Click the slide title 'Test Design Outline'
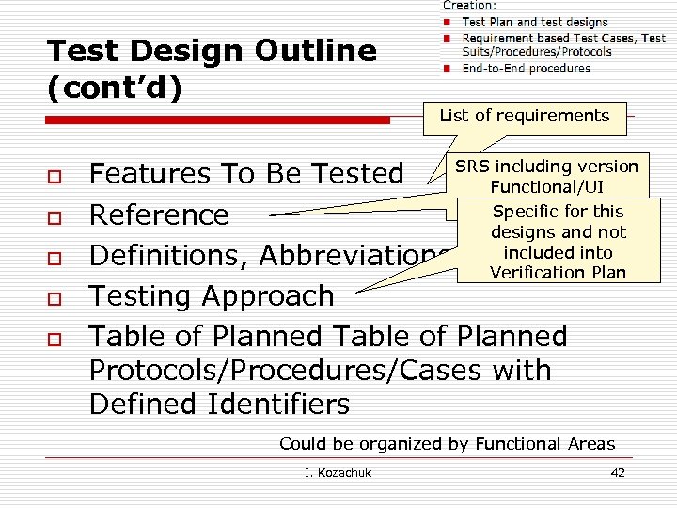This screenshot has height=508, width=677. click(211, 51)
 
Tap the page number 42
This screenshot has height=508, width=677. click(617, 472)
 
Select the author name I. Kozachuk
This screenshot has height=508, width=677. click(338, 472)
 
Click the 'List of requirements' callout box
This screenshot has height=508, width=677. click(525, 116)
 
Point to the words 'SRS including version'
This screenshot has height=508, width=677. click(546, 167)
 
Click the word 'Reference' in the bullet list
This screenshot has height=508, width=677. click(158, 214)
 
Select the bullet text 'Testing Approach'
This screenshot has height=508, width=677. click(211, 295)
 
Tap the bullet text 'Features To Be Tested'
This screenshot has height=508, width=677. click(245, 174)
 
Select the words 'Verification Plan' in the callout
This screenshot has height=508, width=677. click(558, 273)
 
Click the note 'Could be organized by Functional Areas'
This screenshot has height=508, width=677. click(447, 444)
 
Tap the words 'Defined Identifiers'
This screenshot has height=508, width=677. click(218, 404)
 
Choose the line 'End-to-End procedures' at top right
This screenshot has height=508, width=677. click(527, 68)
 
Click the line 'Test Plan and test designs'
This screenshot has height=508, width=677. click(535, 22)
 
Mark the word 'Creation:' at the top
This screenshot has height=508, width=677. click(470, 6)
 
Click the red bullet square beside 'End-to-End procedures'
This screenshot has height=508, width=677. click(449, 69)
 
